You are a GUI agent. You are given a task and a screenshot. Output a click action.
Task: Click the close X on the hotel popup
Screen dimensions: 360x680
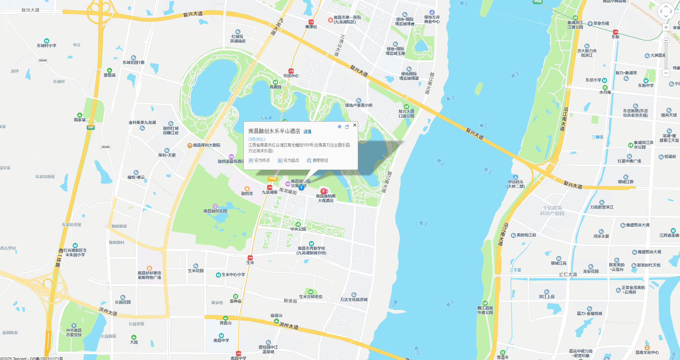click(355, 125)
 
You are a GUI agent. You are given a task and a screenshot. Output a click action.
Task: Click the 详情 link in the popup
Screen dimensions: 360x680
click(307, 131)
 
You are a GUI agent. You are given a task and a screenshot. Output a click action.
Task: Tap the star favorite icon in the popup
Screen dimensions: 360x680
click(339, 126)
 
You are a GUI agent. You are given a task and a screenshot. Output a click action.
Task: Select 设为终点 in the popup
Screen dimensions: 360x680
click(259, 161)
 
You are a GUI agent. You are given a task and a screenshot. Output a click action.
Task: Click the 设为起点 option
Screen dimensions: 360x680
click(288, 161)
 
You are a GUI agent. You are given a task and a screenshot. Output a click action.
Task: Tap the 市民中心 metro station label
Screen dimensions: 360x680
click(291, 76)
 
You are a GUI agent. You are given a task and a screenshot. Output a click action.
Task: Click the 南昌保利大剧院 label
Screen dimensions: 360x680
click(206, 145)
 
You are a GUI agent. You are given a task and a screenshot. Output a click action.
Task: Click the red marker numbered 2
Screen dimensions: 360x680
click(323, 191)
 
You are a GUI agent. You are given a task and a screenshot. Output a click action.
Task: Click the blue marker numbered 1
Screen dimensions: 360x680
click(301, 187)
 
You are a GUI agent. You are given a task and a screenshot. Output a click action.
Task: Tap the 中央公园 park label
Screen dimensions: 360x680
click(298, 229)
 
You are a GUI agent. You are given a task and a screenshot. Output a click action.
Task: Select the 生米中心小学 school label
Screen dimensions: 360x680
click(233, 275)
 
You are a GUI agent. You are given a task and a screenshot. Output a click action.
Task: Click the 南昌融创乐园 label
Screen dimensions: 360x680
click(215, 211)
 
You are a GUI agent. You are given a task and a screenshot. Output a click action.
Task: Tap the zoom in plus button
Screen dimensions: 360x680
click(666, 28)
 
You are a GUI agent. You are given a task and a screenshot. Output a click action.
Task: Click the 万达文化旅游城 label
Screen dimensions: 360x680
click(354, 299)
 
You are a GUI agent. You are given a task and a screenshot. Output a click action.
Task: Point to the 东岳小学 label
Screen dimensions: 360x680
click(593, 80)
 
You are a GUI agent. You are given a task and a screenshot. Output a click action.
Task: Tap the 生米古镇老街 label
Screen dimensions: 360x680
click(311, 296)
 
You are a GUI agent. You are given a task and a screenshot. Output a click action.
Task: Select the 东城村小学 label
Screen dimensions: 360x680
click(47, 45)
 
